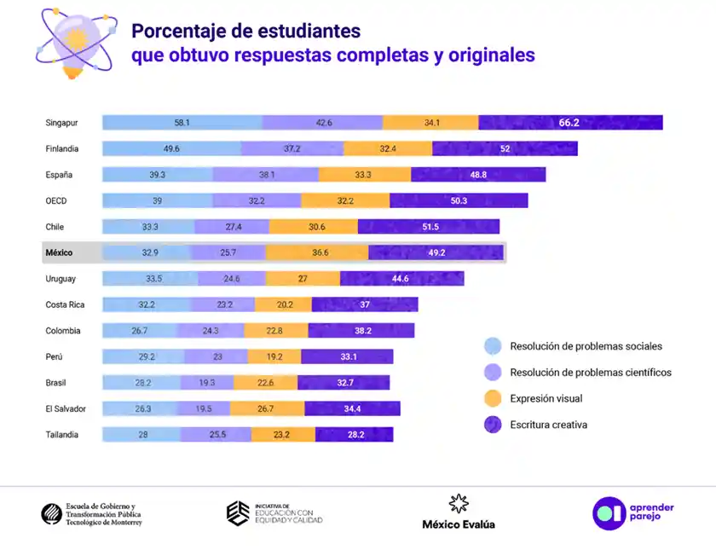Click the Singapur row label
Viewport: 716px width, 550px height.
(x=61, y=123)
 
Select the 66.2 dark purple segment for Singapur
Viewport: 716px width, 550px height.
(x=569, y=123)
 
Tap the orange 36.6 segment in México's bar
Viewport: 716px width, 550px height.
(x=317, y=253)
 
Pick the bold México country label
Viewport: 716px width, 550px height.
(x=59, y=253)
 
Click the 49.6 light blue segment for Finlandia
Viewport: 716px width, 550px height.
(x=170, y=148)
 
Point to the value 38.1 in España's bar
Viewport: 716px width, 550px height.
(x=267, y=175)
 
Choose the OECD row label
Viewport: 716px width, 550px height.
(x=56, y=201)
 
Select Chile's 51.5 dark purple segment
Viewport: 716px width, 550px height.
(x=428, y=227)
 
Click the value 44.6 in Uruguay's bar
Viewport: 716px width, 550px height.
(x=401, y=279)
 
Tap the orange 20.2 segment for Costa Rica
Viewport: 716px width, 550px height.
(x=283, y=304)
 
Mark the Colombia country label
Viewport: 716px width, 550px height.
(x=63, y=331)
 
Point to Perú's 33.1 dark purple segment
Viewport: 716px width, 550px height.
(x=346, y=356)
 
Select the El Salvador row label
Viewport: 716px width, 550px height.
(x=66, y=408)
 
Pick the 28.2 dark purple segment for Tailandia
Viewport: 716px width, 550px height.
(x=354, y=435)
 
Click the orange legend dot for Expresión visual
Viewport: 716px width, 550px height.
(x=493, y=398)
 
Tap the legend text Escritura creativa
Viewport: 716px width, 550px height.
(x=548, y=425)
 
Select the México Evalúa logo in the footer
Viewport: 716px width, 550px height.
(x=459, y=512)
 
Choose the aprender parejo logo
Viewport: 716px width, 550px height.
(x=633, y=512)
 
